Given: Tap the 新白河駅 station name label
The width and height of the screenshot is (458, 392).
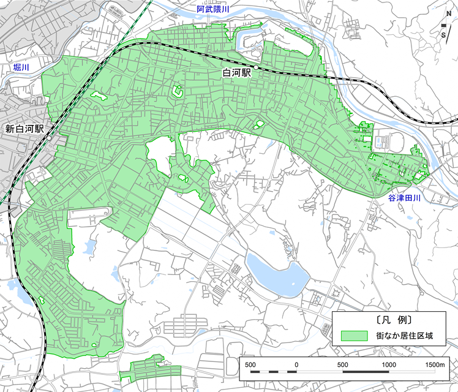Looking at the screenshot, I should point(24,129).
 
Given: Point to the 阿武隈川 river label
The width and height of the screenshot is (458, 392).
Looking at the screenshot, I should point(213,10).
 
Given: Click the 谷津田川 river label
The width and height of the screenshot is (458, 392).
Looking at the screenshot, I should point(405,198).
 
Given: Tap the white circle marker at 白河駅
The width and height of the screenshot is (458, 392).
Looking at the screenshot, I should point(255,67).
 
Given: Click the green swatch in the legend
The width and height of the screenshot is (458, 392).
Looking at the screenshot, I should point(354,336).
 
